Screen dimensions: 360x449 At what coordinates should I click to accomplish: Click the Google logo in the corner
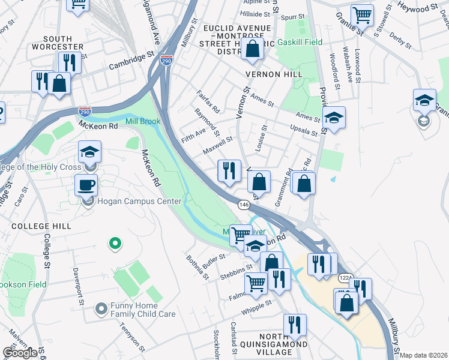tap(20, 353)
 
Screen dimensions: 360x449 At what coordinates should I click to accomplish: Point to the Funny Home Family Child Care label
tap(142, 310)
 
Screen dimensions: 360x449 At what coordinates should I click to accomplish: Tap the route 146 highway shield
tap(244, 205)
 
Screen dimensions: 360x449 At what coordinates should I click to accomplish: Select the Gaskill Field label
tap(300, 42)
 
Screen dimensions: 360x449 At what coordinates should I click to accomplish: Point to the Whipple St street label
tap(257, 307)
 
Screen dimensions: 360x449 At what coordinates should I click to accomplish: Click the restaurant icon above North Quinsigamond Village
tap(294, 325)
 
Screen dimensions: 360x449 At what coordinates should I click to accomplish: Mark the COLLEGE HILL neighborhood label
tap(41, 226)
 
